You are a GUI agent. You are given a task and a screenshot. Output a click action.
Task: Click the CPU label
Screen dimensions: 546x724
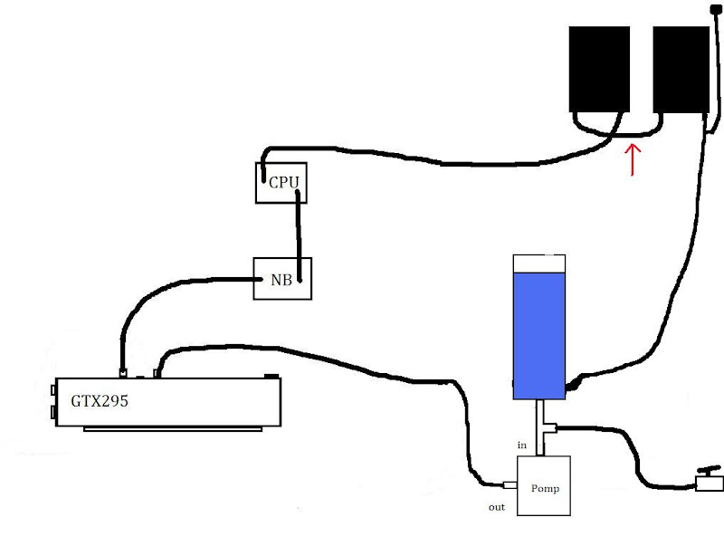tap(283, 183)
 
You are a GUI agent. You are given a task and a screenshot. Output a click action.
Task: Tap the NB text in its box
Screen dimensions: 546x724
tap(281, 280)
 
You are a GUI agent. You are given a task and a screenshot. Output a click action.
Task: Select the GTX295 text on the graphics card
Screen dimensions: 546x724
tap(100, 400)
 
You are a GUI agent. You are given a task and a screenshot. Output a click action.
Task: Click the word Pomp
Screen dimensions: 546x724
tap(545, 488)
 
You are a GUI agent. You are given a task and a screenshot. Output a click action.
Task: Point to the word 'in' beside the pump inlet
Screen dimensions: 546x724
tap(522, 445)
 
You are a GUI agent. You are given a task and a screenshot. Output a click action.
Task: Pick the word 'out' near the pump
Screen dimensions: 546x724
tap(497, 507)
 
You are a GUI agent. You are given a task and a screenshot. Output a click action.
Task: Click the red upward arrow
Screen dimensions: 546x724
tap(633, 156)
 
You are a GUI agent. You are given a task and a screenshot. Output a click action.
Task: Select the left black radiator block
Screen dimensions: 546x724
tap(598, 68)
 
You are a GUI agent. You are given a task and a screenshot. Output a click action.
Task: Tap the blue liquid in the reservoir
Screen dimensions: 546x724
tap(538, 330)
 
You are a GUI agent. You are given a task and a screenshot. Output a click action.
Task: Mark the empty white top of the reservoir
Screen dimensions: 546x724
tap(538, 263)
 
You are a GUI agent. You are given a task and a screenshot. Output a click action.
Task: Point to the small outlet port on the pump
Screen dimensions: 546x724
tap(510, 484)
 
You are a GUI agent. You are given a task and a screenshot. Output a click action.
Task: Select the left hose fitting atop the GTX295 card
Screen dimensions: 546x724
tap(122, 370)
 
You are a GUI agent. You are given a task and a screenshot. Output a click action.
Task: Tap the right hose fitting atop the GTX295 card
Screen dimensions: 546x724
tap(158, 370)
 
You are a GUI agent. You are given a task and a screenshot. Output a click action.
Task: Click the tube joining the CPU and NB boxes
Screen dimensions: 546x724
tap(297, 231)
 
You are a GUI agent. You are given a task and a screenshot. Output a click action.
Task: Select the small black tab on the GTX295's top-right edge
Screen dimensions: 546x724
tap(271, 376)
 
